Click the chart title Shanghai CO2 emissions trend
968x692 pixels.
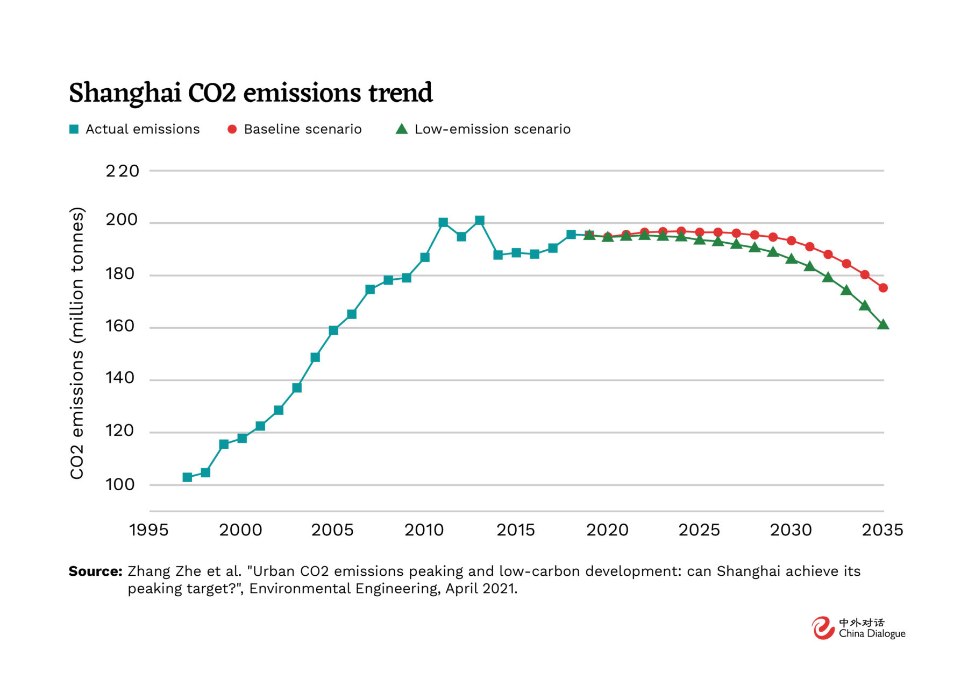click(251, 93)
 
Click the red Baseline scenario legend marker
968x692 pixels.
click(232, 129)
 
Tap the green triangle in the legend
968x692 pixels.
click(401, 129)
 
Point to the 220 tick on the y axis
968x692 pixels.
click(122, 171)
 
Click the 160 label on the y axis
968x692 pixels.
click(120, 326)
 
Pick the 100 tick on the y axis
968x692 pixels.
click(120, 484)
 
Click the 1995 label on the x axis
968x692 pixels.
click(149, 530)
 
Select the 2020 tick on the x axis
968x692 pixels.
click(607, 530)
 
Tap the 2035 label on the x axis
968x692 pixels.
click(882, 530)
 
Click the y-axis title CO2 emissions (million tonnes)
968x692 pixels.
click(77, 343)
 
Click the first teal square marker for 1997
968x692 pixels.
click(187, 477)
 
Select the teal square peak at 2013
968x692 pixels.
click(480, 220)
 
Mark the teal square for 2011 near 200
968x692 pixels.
click(443, 222)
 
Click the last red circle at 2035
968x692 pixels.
click(883, 288)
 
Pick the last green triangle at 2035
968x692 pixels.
click(883, 324)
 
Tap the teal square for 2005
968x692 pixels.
click(333, 330)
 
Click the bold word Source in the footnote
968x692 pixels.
click(95, 571)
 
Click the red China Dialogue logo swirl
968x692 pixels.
click(823, 628)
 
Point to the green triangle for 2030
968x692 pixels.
click(791, 259)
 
